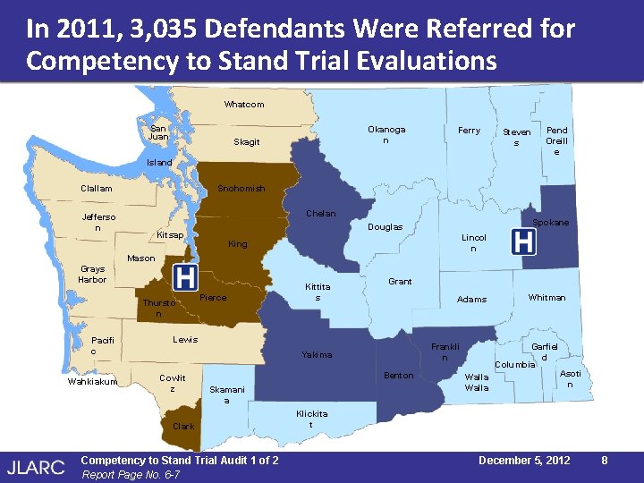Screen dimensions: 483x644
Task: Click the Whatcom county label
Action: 243,105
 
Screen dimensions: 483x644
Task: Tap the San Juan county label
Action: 158,132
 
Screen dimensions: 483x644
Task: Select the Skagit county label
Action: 246,142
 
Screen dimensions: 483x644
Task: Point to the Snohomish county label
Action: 241,189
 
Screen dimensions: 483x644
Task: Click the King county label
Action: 237,244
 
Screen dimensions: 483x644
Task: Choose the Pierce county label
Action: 213,298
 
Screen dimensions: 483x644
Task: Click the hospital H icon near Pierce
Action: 185,277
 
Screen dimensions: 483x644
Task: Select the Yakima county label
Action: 317,355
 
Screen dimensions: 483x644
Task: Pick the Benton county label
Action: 398,376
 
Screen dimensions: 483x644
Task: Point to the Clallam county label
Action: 97,189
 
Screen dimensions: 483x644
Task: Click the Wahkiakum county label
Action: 93,383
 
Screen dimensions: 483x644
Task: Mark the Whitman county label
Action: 547,298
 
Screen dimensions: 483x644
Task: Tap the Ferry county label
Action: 469,131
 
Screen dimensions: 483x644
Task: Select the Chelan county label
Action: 321,214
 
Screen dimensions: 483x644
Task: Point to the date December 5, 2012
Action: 524,460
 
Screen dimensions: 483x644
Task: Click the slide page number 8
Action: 606,460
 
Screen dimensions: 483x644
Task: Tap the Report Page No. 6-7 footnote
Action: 131,475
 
